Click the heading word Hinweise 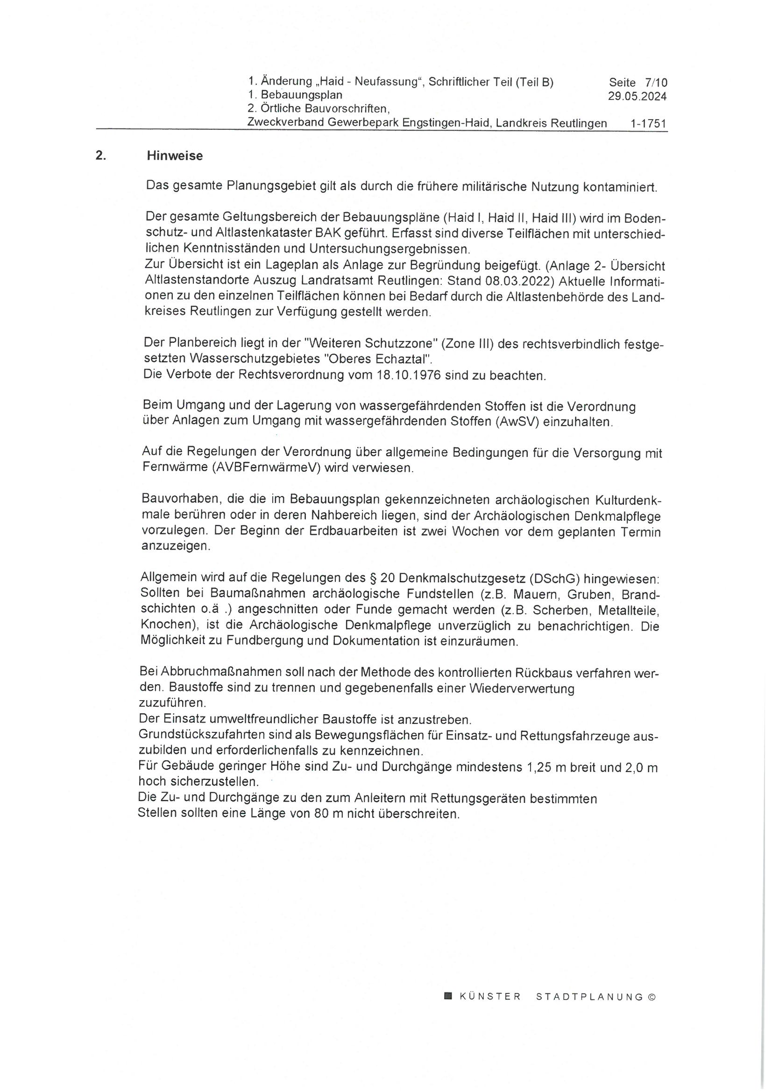point(175,156)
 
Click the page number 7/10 point(657,83)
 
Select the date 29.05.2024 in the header point(637,97)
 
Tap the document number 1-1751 point(648,124)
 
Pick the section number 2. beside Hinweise point(100,156)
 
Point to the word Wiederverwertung point(522,689)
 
